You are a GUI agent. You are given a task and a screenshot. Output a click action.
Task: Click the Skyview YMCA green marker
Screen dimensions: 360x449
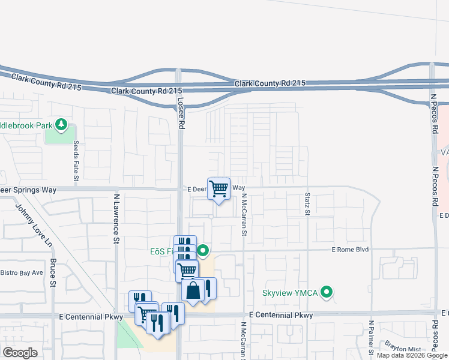click(x=327, y=293)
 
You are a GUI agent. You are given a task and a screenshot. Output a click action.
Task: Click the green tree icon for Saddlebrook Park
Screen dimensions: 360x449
click(x=61, y=125)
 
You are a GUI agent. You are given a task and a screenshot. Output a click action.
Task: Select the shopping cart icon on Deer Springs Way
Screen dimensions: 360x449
click(x=219, y=189)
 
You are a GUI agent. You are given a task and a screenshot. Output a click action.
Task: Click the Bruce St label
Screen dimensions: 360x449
click(x=53, y=273)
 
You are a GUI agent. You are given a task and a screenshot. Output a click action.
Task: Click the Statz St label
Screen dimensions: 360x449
click(x=307, y=203)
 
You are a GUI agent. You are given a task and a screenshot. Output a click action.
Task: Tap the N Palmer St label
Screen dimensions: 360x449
click(x=372, y=338)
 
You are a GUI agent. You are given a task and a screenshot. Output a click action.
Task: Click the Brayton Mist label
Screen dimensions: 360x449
click(x=403, y=349)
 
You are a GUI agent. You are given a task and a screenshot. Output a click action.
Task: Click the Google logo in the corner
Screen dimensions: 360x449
click(x=20, y=353)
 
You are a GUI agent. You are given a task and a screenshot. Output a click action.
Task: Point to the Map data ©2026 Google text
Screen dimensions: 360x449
click(x=412, y=355)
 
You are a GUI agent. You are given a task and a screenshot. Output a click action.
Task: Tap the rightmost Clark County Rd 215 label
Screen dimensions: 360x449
click(x=270, y=83)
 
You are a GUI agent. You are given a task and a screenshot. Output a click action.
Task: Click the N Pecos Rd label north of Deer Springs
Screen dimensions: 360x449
click(x=433, y=114)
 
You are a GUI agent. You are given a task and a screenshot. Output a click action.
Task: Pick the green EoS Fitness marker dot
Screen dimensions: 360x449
click(x=203, y=250)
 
